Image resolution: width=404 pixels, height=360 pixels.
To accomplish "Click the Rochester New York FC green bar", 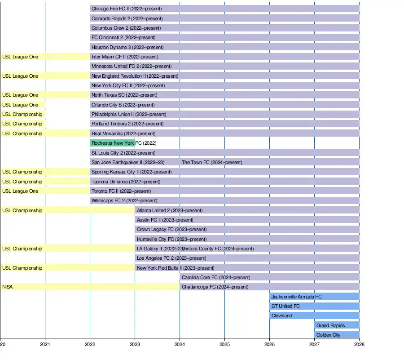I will [112, 143].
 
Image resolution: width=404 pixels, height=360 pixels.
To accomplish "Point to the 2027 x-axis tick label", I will [314, 345].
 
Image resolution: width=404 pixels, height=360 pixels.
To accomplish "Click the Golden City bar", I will [337, 335].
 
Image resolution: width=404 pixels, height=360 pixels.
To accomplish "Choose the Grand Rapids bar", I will [337, 325].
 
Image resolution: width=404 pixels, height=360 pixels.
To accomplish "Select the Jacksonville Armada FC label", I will [296, 297].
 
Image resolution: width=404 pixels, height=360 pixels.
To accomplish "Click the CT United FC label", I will [285, 306].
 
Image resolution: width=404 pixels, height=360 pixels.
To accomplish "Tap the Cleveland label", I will [282, 316].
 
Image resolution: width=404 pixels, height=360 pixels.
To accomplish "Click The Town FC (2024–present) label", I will [212, 162].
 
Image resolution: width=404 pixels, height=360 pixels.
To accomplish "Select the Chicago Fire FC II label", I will [127, 9].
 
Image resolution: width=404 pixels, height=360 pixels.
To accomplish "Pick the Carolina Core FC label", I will [216, 277].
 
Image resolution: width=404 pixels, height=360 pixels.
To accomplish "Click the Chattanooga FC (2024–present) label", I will [215, 287].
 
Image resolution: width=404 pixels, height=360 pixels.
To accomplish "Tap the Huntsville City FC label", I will [171, 239].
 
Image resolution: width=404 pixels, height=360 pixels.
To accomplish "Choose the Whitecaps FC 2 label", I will [124, 200].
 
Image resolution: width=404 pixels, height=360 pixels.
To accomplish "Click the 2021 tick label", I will [45, 345].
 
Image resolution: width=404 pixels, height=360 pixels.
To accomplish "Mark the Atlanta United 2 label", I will [170, 210].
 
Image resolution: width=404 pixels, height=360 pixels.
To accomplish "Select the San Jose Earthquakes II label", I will [128, 162].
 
